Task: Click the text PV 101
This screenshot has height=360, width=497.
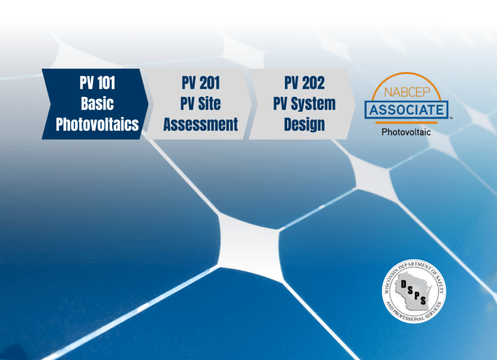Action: coord(97,83)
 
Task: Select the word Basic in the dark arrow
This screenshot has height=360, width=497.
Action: coord(97,103)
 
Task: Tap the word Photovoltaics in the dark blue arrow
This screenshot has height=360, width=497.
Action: coord(97,124)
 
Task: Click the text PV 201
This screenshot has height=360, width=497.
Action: coord(200,83)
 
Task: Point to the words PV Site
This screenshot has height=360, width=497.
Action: coord(200,103)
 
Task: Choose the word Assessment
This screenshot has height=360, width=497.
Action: coord(200,124)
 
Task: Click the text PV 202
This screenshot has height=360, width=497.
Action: coord(304,83)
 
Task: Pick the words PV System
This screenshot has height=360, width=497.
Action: coord(304,103)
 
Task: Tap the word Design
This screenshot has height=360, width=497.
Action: coord(304,124)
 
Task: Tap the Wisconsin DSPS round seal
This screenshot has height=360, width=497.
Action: coord(414,291)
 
